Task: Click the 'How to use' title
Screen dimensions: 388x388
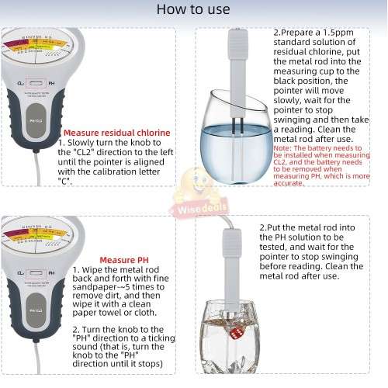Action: click(193, 9)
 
